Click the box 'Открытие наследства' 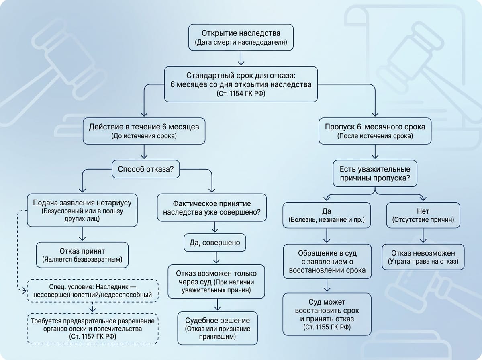241,37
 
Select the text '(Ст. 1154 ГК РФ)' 241,94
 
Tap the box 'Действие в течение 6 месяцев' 144,131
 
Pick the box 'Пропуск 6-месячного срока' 375,131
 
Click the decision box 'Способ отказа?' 145,169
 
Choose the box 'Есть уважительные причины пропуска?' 375,173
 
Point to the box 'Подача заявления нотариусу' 82,210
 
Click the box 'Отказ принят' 82,255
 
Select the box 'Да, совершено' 215,243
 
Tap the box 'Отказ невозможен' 423,257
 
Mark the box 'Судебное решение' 217,328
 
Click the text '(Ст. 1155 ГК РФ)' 327,327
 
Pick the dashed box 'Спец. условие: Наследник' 92,290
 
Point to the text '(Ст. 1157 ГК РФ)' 92,337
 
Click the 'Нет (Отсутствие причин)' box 423,215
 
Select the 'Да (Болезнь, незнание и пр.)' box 327,215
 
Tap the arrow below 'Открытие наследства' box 241,58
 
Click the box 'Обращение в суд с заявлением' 327,262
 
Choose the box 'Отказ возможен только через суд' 216,281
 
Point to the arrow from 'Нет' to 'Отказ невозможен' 423,235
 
